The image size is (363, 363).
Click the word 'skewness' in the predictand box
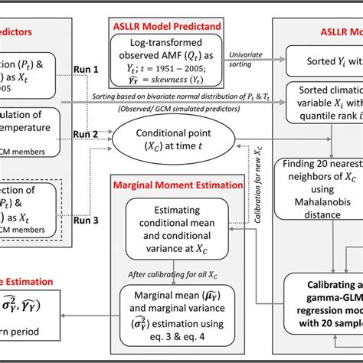[193, 82]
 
